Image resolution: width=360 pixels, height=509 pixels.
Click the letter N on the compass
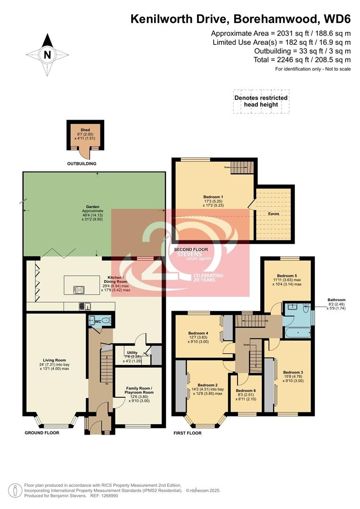click(x=47, y=54)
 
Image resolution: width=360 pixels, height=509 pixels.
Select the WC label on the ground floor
click(x=98, y=321)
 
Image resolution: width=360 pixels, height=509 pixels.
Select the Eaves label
click(x=273, y=213)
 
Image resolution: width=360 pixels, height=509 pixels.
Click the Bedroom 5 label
click(x=286, y=275)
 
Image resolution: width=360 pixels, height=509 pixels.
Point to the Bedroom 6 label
click(x=245, y=391)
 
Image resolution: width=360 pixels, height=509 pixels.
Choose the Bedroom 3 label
click(x=293, y=372)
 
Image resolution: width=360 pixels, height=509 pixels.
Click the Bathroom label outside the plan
click(x=336, y=300)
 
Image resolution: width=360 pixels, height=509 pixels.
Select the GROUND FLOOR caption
click(x=42, y=433)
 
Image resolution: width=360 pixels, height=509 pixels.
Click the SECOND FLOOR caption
click(x=191, y=249)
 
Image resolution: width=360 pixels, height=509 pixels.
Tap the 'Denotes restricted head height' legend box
click(x=261, y=101)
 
